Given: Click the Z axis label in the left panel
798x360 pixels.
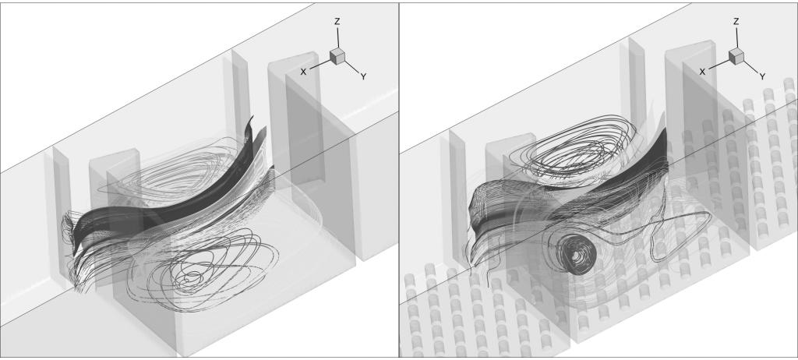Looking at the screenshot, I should coord(337,22).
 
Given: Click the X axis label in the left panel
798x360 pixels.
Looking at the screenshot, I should coord(304,71).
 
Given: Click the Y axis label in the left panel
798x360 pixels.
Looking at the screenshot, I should coord(364,77).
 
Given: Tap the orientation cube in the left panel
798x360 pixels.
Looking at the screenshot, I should coord(337,55).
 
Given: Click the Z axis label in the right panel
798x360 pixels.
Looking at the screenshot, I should coord(736,22).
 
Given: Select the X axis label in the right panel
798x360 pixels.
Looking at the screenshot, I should coord(703,71).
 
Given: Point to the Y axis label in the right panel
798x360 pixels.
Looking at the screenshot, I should coord(762,76).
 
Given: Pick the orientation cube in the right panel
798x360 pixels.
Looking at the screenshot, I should coord(736,55).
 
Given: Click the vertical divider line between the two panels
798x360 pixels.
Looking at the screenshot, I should coord(399,179).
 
